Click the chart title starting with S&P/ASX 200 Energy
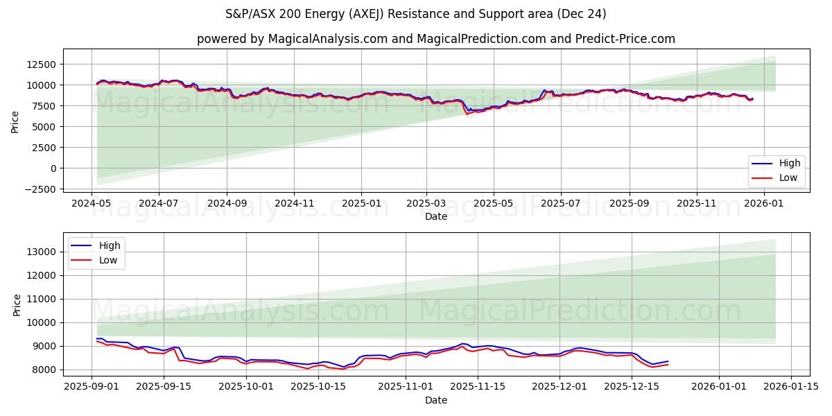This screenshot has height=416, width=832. (416, 14)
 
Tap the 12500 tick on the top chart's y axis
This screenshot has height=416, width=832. (41, 64)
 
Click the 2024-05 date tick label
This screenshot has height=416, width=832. (92, 204)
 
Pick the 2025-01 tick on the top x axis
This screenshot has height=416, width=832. (361, 204)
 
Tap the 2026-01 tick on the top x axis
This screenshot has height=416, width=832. (764, 204)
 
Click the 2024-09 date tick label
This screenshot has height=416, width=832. (227, 204)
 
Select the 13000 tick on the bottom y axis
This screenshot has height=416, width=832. (41, 252)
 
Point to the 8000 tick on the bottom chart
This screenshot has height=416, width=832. (44, 370)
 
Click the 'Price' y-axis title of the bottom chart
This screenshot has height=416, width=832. (16, 304)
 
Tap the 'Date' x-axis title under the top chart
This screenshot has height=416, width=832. (436, 216)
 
